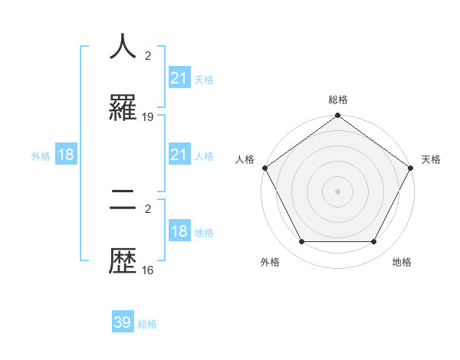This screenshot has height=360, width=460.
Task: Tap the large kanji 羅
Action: (x=123, y=109)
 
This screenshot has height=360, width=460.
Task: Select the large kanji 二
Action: (x=123, y=201)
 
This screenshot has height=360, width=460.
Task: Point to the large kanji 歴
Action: (x=123, y=262)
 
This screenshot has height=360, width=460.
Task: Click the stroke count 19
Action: (x=148, y=117)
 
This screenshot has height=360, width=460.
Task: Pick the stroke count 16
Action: (x=148, y=270)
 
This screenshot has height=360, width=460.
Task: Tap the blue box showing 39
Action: (x=123, y=322)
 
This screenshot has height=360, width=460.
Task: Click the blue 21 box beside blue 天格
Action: (x=179, y=78)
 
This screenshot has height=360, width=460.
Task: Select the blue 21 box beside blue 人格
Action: (x=179, y=155)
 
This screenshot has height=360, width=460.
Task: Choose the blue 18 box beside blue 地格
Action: (x=179, y=232)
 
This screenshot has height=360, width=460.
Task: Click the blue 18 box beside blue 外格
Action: (x=66, y=155)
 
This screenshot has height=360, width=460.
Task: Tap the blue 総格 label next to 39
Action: (x=147, y=324)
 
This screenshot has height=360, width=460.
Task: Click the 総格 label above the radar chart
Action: (x=338, y=100)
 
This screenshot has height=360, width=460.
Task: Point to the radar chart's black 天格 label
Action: (x=431, y=159)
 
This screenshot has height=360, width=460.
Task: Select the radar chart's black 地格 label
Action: (x=402, y=263)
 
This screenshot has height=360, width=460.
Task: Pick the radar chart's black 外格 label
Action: (x=270, y=263)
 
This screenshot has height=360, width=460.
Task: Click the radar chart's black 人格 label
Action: (x=245, y=159)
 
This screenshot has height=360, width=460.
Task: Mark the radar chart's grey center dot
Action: (x=337, y=191)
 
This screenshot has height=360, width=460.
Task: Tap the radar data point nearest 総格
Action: (x=337, y=116)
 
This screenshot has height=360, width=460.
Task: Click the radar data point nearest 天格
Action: (x=411, y=168)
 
